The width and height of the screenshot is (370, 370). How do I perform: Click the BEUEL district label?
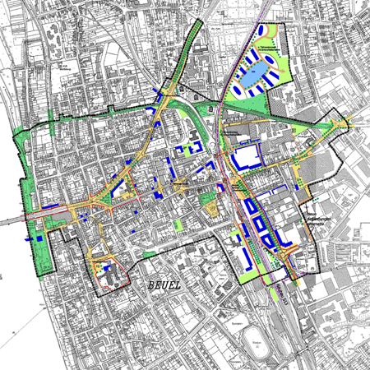166,284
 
